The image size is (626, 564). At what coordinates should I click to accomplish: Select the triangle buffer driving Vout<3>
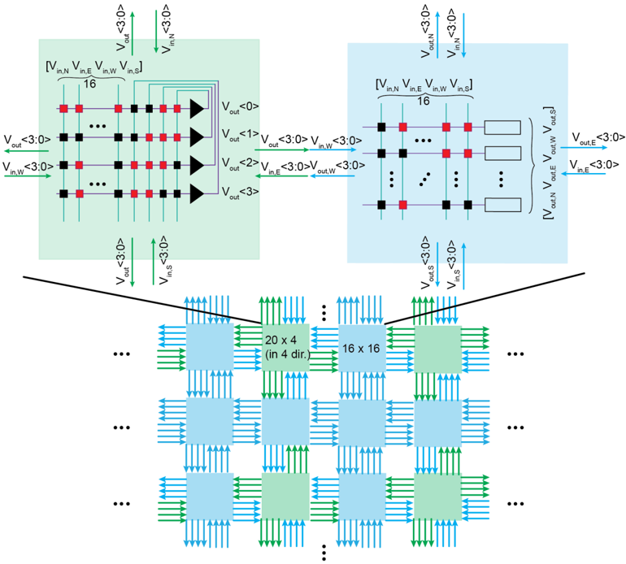click(196, 193)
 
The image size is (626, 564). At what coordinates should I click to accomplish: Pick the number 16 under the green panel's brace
click(89, 82)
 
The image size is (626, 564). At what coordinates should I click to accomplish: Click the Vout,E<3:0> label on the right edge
click(598, 137)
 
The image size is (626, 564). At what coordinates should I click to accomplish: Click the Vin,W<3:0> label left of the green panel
click(28, 167)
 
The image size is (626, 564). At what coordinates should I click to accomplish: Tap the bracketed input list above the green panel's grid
click(95, 66)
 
